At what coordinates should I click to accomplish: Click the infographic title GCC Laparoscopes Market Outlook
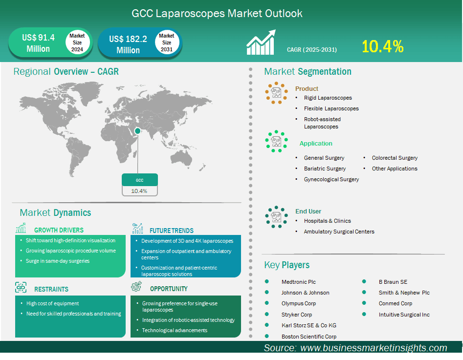[x=217, y=13]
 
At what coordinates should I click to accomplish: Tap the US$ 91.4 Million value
[x=38, y=43]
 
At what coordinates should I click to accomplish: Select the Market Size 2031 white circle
[x=167, y=42]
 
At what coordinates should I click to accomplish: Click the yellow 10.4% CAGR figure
[x=382, y=46]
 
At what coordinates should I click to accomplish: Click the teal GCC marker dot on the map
[x=137, y=131]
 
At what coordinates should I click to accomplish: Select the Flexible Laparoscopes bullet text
[x=331, y=108]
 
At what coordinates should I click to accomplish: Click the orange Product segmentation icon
[x=276, y=93]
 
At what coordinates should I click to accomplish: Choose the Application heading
[x=316, y=144]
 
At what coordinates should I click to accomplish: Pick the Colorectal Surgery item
[x=395, y=158]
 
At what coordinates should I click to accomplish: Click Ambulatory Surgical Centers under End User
[x=339, y=232]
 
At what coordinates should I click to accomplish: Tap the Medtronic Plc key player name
[x=299, y=282]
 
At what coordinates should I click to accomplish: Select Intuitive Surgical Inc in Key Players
[x=404, y=315]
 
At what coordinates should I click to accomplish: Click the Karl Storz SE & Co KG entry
[x=309, y=325]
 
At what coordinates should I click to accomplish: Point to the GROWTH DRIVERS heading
[x=59, y=230]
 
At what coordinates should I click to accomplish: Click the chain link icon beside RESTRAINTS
[x=21, y=287]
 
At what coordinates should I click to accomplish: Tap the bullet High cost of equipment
[x=53, y=303]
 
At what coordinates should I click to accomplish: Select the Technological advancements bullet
[x=175, y=330]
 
